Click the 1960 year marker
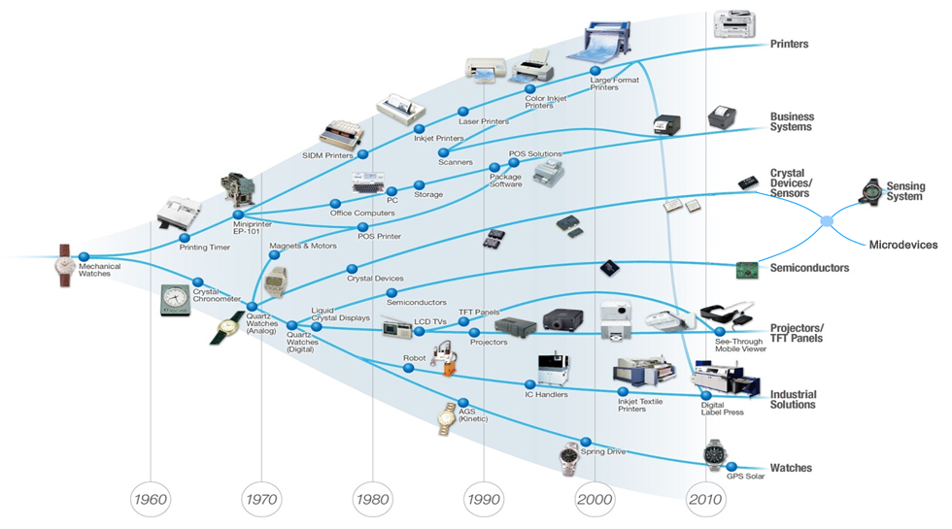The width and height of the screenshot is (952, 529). coord(152,500)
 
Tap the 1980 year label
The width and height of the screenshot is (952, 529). coord(372,500)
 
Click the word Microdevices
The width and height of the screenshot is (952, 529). coord(902,245)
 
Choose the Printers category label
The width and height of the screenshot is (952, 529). coord(789,45)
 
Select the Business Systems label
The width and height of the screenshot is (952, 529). coord(792,122)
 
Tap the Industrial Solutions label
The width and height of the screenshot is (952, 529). coord(793,399)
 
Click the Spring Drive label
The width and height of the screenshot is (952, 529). coord(603,451)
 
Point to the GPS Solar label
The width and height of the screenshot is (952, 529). coord(746,476)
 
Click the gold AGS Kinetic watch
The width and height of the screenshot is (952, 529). coord(447,418)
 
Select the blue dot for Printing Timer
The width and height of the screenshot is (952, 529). coord(183,238)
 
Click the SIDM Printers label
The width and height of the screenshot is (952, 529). coord(327,155)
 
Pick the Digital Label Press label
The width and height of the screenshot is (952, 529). coord(722,409)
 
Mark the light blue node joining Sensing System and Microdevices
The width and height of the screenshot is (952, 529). coord(827,221)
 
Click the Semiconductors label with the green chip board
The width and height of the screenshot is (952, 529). coord(809,268)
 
